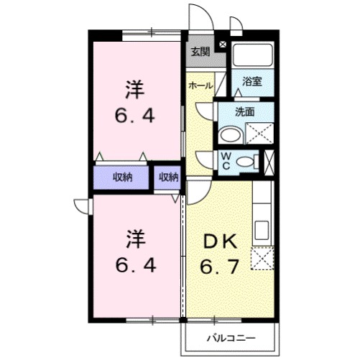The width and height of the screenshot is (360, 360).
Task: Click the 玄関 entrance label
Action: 200,52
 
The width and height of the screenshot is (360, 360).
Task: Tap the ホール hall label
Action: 200,86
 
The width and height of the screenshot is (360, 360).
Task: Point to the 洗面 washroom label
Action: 246,111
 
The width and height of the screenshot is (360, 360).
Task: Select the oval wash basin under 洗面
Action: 231,135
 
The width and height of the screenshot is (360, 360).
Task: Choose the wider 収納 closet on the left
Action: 121,177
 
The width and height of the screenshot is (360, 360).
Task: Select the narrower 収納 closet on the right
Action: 168,177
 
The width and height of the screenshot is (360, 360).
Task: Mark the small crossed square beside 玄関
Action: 222,45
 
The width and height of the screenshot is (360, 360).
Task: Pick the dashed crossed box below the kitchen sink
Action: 262,257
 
